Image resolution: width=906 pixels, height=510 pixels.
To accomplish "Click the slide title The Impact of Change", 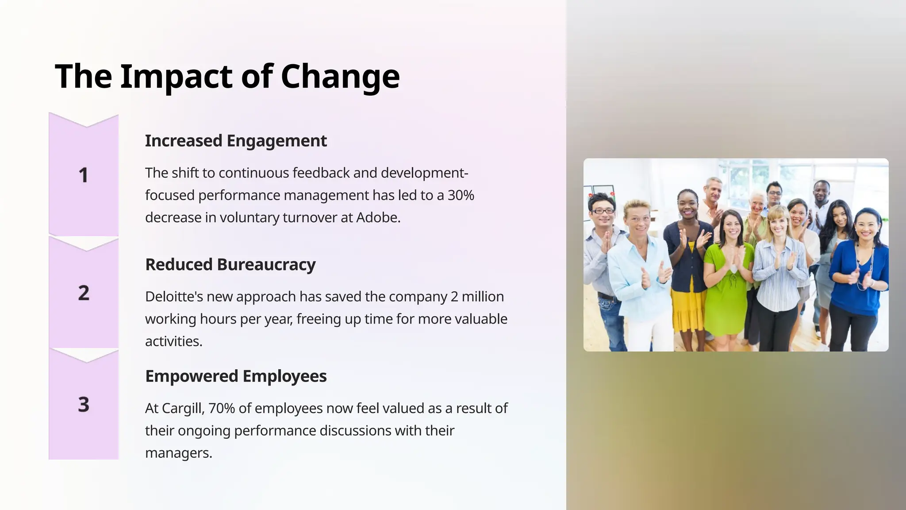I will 227,76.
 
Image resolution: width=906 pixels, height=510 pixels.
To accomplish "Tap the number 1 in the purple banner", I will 83,175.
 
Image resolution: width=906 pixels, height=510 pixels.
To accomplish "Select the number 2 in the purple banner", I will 84,293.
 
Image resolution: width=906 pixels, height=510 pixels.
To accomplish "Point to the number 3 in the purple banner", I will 84,404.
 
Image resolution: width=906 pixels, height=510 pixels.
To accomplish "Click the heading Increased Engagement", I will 236,141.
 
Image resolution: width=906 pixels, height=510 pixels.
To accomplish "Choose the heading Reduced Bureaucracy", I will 230,265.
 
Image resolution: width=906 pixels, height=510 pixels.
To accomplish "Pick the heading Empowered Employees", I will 236,376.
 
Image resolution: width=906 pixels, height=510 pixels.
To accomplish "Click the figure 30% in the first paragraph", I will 461,195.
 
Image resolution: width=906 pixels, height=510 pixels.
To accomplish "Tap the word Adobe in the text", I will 377,218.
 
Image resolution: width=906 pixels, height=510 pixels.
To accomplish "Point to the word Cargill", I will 181,408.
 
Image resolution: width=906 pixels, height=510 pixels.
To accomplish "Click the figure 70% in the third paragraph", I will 221,408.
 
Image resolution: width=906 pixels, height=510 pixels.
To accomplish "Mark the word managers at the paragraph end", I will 178,453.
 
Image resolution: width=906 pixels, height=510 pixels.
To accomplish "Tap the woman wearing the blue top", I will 859,270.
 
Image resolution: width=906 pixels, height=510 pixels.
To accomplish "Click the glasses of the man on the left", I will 603,211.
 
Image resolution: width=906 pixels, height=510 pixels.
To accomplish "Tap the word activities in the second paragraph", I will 173,342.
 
